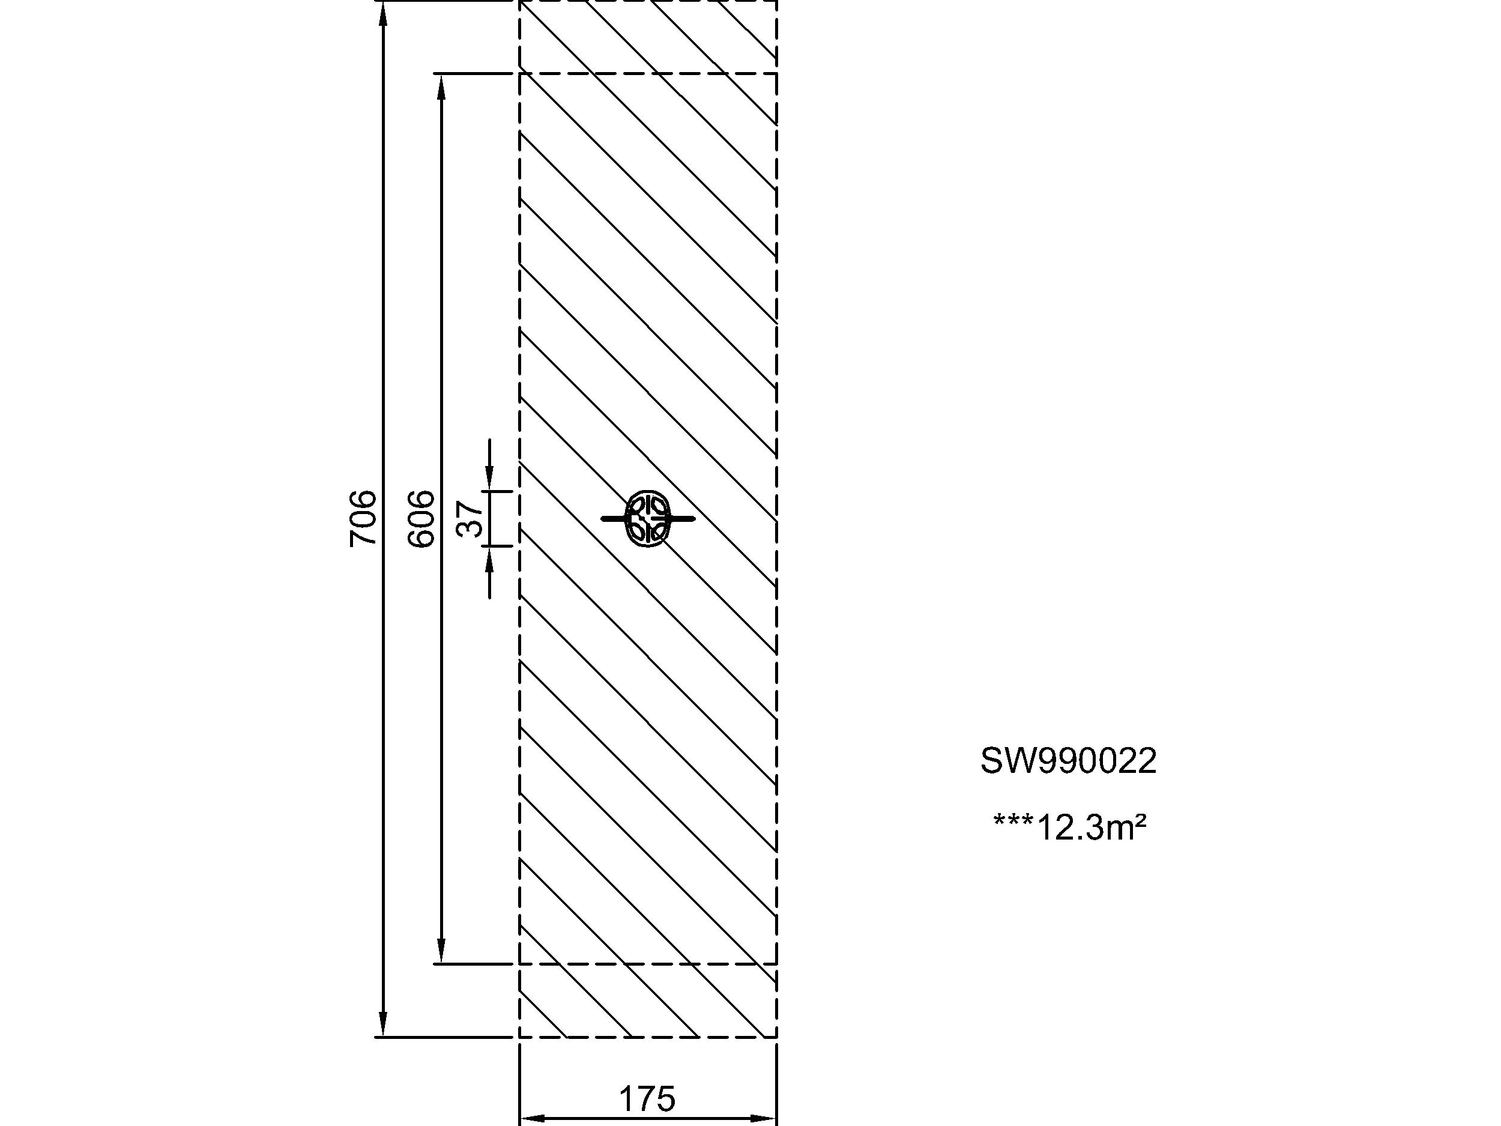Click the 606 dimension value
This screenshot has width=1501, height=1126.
coord(421,518)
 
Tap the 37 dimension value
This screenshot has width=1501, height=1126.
coord(470,518)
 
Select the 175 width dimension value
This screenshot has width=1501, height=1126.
coord(647,1100)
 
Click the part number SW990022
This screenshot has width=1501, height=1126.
coord(1068,761)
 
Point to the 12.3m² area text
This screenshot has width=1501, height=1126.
coord(1070,828)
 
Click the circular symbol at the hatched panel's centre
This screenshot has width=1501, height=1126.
coord(648,518)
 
